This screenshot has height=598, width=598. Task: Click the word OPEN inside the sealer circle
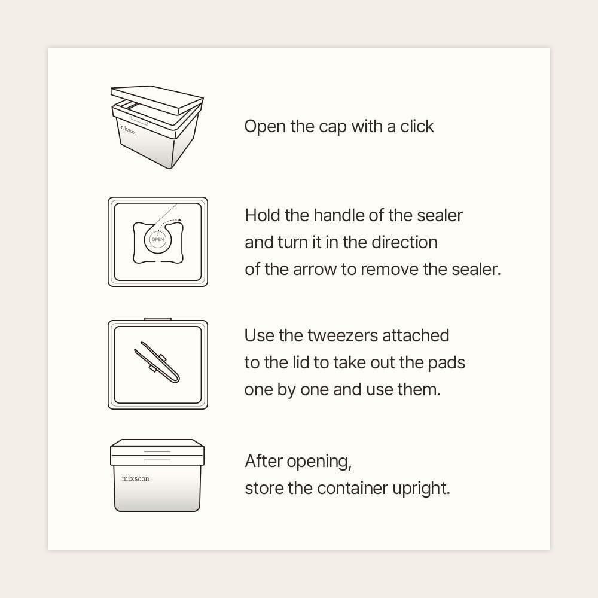(157, 240)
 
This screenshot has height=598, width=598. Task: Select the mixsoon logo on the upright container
(135, 478)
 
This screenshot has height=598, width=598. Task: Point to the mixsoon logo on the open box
(129, 130)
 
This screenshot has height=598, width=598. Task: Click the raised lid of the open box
(157, 100)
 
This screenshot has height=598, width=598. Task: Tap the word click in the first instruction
(417, 126)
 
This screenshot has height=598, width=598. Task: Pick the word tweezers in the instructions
(343, 336)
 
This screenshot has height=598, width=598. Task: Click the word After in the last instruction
(264, 461)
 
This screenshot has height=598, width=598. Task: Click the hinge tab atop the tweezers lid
(158, 319)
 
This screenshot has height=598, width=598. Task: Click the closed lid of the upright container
(157, 452)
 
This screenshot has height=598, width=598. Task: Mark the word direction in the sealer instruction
(404, 243)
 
